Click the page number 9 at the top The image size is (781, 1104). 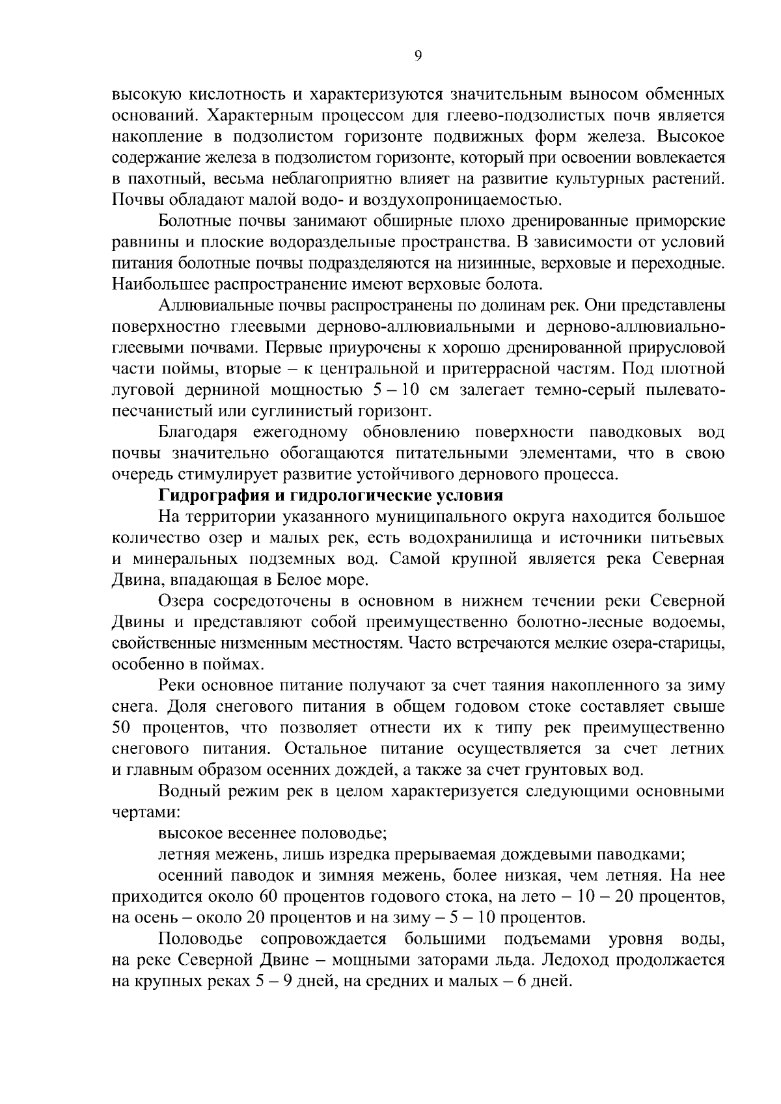point(418,57)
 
